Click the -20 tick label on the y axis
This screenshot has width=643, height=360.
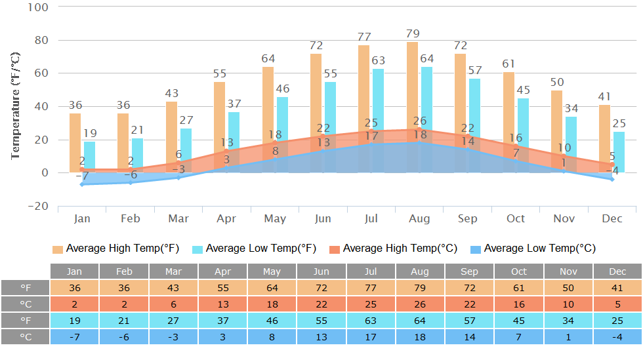tap(37, 206)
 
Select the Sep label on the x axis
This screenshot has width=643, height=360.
tap(468, 218)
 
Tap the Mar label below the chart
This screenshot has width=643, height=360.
tap(178, 218)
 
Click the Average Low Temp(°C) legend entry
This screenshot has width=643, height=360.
tap(533, 249)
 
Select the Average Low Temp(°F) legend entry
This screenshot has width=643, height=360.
tap(254, 249)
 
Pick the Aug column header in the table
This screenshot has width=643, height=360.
tap(420, 271)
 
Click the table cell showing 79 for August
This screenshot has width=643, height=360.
tap(420, 288)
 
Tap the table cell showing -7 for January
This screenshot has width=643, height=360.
tap(75, 337)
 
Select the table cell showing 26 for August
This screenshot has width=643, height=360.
tap(420, 304)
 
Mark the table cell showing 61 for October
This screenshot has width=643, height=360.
tap(519, 288)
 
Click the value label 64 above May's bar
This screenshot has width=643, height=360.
tap(268, 59)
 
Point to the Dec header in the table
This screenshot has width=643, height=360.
tap(617, 271)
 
